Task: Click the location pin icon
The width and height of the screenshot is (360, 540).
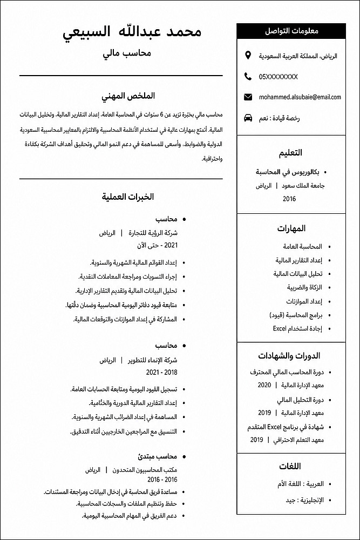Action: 248,56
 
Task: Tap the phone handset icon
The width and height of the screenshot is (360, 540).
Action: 248,76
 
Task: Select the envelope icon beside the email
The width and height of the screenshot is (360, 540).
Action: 248,97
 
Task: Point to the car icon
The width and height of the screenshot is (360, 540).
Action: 248,118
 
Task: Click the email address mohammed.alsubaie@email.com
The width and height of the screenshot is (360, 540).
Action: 300,97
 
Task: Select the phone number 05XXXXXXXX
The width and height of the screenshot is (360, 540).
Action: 278,77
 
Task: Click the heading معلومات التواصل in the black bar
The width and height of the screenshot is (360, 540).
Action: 291,31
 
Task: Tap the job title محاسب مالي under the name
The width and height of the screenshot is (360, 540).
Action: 126,53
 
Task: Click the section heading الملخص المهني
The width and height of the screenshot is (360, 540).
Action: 128,96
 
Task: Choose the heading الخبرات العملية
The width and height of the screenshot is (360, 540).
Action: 128,197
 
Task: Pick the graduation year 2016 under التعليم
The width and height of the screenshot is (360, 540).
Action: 289,199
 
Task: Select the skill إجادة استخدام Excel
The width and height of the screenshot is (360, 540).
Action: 297,328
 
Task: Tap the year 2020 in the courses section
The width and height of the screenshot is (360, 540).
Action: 264,385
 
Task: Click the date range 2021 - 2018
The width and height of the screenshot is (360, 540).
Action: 161,373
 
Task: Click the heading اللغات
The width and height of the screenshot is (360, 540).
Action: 290,466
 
